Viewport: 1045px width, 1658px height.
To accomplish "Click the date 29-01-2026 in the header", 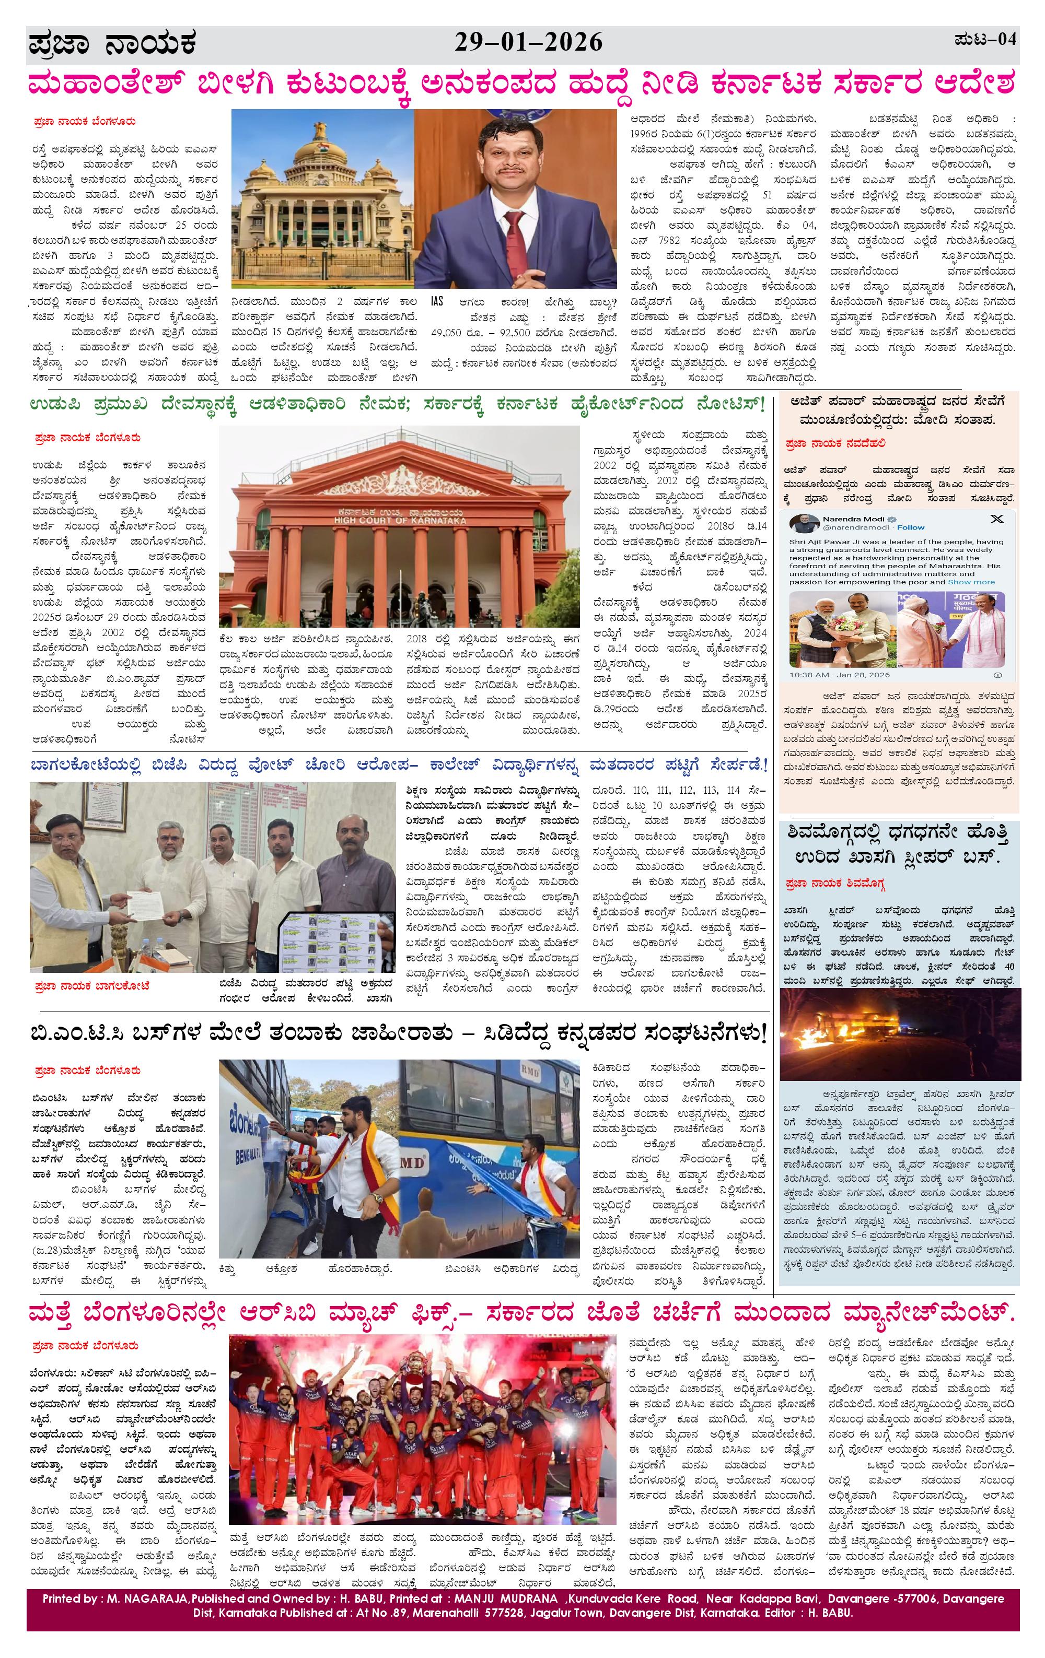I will [x=528, y=43].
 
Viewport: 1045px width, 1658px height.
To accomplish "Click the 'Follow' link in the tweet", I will [x=911, y=527].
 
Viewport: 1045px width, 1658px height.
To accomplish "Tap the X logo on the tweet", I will [x=996, y=519].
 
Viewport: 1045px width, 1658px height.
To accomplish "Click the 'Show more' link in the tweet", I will [x=971, y=582].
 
